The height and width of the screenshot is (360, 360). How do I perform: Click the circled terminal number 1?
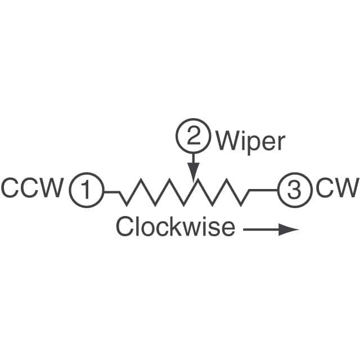pos(87,190)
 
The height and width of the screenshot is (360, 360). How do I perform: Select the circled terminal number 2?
pos(193,136)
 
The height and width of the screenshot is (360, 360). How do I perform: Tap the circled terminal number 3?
pos(295,190)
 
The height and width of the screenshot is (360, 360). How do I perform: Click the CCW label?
pos(33,187)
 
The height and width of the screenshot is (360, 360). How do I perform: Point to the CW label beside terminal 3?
pos(337,187)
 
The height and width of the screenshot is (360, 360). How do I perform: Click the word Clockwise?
pos(175,226)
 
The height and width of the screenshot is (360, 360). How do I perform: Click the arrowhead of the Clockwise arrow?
pos(289,229)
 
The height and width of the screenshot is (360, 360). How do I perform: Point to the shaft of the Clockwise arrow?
pos(261,229)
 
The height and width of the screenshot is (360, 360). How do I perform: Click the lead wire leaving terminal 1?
pos(112,192)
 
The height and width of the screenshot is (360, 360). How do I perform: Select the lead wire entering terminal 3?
pos(263,190)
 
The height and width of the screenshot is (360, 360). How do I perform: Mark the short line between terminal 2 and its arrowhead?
pos(193,159)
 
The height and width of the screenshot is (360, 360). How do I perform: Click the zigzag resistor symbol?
pos(184,192)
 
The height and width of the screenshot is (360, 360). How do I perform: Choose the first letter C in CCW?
pos(10,187)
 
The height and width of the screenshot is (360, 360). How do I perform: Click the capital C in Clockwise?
pos(125,226)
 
